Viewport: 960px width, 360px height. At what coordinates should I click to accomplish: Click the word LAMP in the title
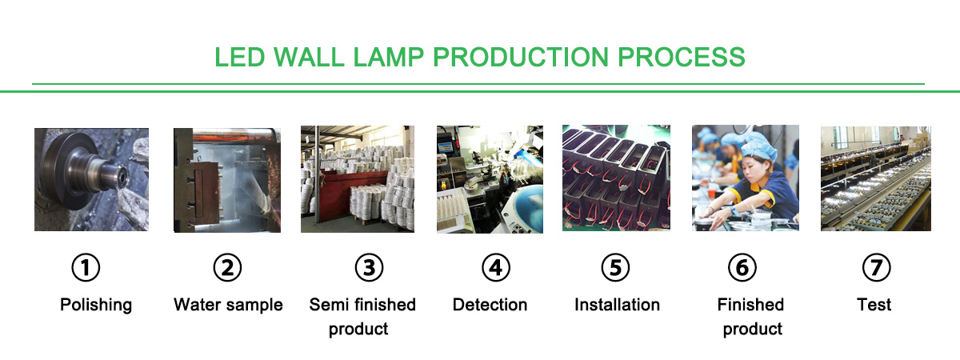coord(388,57)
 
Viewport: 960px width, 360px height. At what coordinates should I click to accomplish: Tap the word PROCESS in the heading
coord(682,57)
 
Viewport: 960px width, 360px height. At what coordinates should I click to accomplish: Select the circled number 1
coord(86,268)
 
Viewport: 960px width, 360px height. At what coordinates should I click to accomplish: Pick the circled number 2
coord(227,268)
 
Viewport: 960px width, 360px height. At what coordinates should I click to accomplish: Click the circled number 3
coord(370,268)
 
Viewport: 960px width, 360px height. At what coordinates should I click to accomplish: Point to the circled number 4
coord(496,268)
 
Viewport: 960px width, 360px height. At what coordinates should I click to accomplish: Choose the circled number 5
coord(615,268)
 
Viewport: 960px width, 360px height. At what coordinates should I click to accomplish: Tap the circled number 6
coord(742,268)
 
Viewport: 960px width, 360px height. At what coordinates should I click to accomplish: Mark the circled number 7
coord(877,268)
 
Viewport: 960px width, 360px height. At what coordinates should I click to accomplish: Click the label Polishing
coord(96,306)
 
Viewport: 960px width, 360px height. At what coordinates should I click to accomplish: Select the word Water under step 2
coord(198,305)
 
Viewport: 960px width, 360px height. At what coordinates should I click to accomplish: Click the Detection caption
coord(490,305)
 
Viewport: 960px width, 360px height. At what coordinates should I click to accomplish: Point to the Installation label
coord(617,305)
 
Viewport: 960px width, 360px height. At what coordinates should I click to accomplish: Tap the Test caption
coord(874,305)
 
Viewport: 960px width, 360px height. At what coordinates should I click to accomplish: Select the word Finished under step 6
coord(750,305)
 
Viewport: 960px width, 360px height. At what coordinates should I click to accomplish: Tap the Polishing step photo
coord(92,179)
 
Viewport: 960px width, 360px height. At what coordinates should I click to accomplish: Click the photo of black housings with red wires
coord(616,178)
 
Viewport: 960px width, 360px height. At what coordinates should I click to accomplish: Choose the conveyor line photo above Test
coord(876,178)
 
